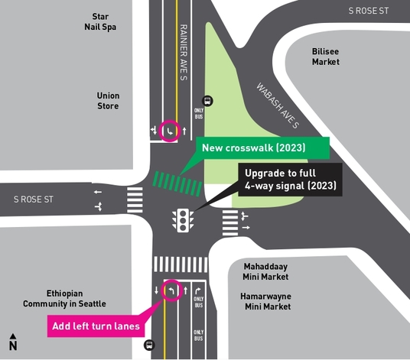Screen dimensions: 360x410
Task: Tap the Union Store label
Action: (109, 101)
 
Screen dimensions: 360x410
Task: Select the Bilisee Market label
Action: (325, 57)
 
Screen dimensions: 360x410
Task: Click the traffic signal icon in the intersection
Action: (182, 220)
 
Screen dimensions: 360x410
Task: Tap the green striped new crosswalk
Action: (177, 183)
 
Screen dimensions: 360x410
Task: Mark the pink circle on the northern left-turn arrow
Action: (170, 131)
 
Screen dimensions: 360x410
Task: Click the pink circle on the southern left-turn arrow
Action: (171, 290)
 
